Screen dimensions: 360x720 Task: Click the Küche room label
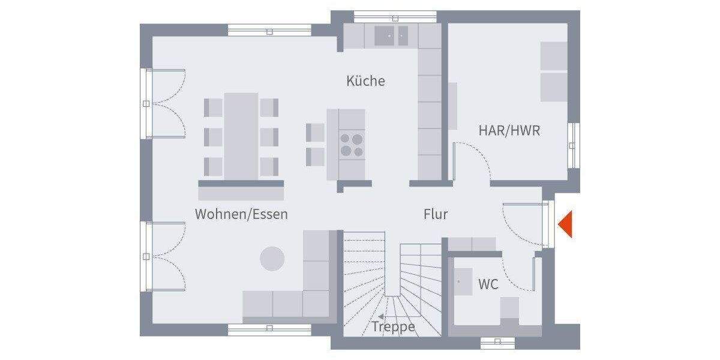365,81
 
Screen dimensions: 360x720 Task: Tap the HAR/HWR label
509,130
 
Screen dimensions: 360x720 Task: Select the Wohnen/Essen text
241,214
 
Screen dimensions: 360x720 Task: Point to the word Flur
436,214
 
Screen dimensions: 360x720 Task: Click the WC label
488,284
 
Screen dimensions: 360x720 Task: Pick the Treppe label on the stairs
394,327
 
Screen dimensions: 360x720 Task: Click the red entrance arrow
565,224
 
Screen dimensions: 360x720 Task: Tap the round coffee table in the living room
272,259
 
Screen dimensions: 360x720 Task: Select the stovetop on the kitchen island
352,145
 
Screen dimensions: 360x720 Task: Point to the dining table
241,136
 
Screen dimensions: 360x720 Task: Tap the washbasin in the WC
463,282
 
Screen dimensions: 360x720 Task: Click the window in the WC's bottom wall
497,342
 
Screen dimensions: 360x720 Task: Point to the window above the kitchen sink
387,16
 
